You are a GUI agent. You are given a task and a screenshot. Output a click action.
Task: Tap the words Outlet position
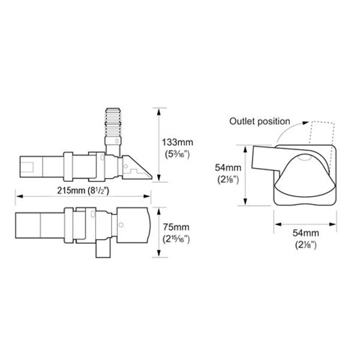pyautogui.click(x=259, y=121)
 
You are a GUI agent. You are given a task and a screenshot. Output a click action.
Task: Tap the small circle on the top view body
pyautogui.click(x=121, y=226)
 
